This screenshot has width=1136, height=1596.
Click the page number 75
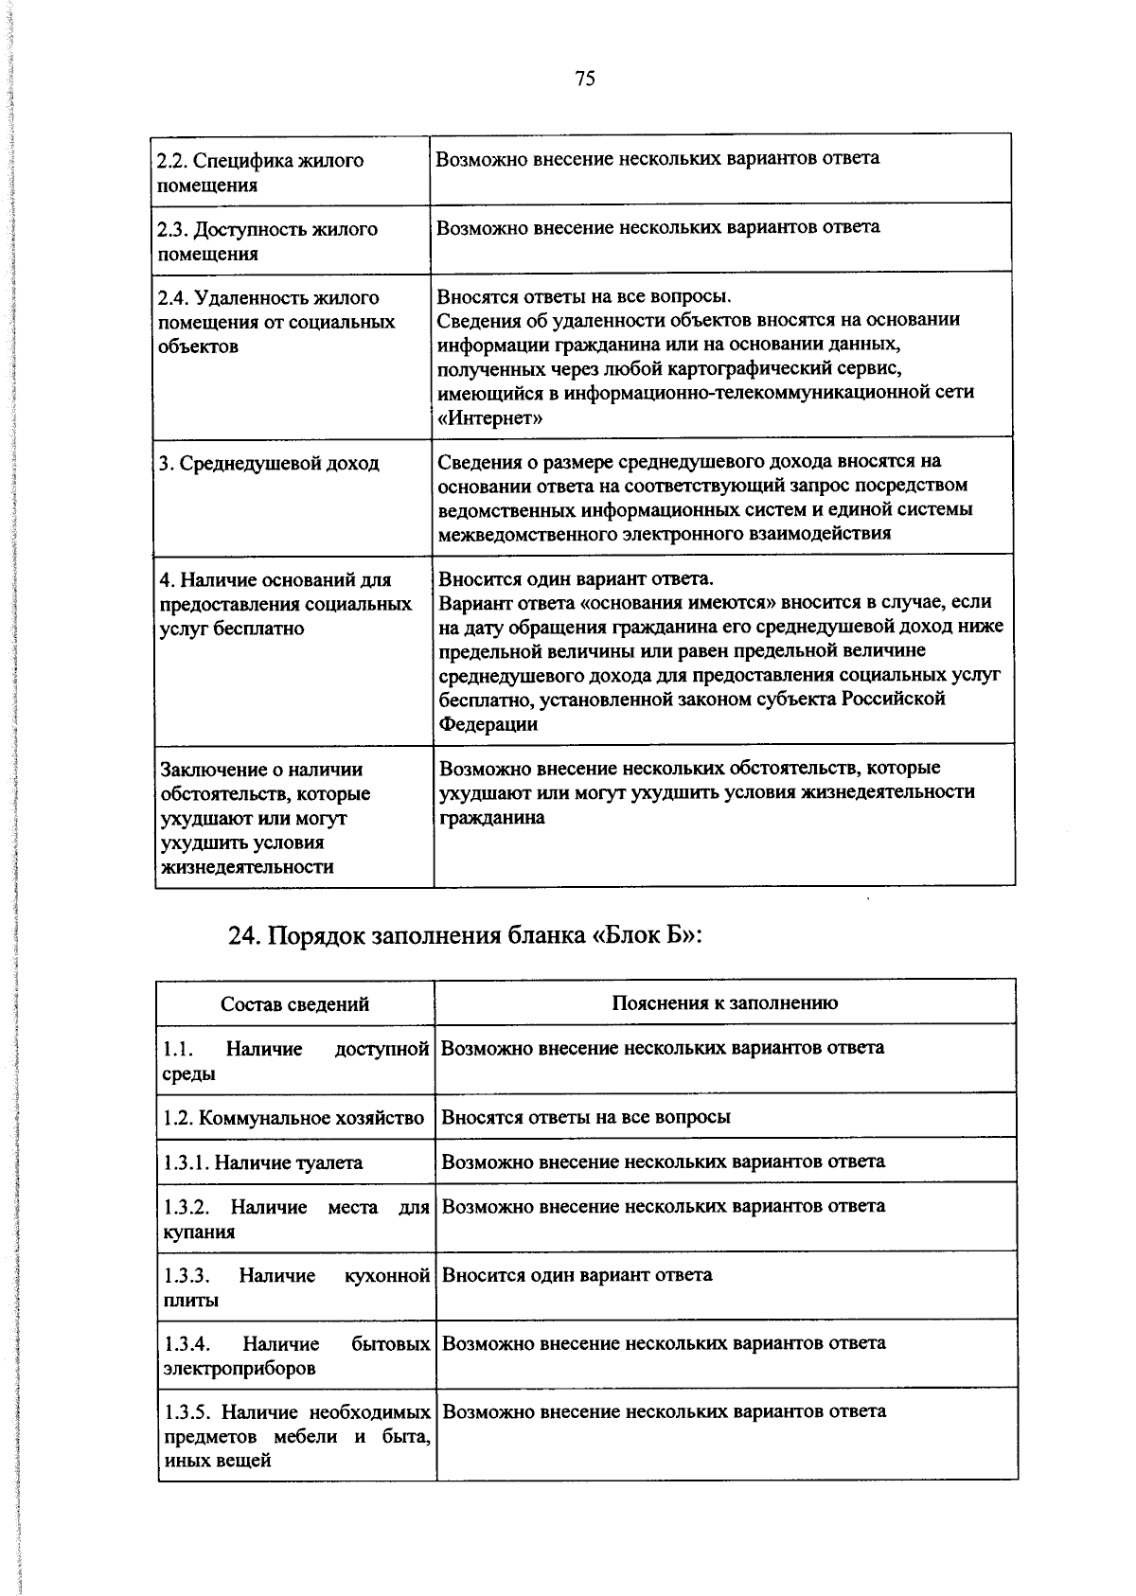[584, 80]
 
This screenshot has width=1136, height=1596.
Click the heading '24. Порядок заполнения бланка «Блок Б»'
[465, 935]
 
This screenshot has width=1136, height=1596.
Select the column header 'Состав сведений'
[294, 1003]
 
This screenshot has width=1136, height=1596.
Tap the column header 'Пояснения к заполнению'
[724, 1003]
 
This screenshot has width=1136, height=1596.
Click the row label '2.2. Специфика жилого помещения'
[260, 172]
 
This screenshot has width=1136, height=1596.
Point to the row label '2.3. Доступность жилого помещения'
[267, 241]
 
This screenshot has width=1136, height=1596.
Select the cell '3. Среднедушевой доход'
[268, 463]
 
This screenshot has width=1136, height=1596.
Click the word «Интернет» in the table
[489, 418]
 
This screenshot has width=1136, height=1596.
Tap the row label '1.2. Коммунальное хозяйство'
[293, 1118]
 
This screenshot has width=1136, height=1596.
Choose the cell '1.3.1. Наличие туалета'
[262, 1162]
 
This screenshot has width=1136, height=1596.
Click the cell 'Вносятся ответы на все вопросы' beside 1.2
[586, 1117]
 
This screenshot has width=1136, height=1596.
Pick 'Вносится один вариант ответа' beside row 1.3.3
[577, 1275]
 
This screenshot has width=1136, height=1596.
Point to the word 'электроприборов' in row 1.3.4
[240, 1368]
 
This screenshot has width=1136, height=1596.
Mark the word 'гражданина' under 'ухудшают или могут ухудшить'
[492, 817]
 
